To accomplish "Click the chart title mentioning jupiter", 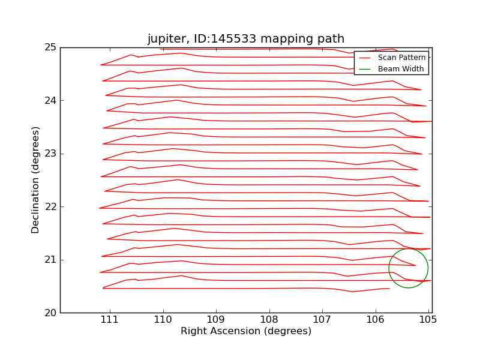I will (x=246, y=39).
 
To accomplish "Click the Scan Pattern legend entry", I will (x=401, y=58).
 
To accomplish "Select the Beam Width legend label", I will (x=400, y=69).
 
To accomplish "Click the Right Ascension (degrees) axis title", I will (x=246, y=331).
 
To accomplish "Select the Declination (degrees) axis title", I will (x=36, y=180).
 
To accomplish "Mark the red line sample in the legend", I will (x=365, y=58).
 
